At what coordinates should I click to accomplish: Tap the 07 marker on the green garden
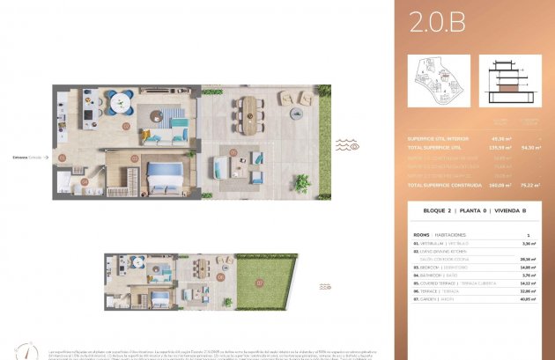click(260, 283)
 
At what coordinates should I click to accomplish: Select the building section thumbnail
click(508, 81)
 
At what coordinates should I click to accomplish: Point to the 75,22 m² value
click(530, 186)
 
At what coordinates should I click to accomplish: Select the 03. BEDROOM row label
click(440, 267)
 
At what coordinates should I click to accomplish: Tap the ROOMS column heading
click(421, 235)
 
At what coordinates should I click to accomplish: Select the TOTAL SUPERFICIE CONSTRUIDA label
click(441, 186)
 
